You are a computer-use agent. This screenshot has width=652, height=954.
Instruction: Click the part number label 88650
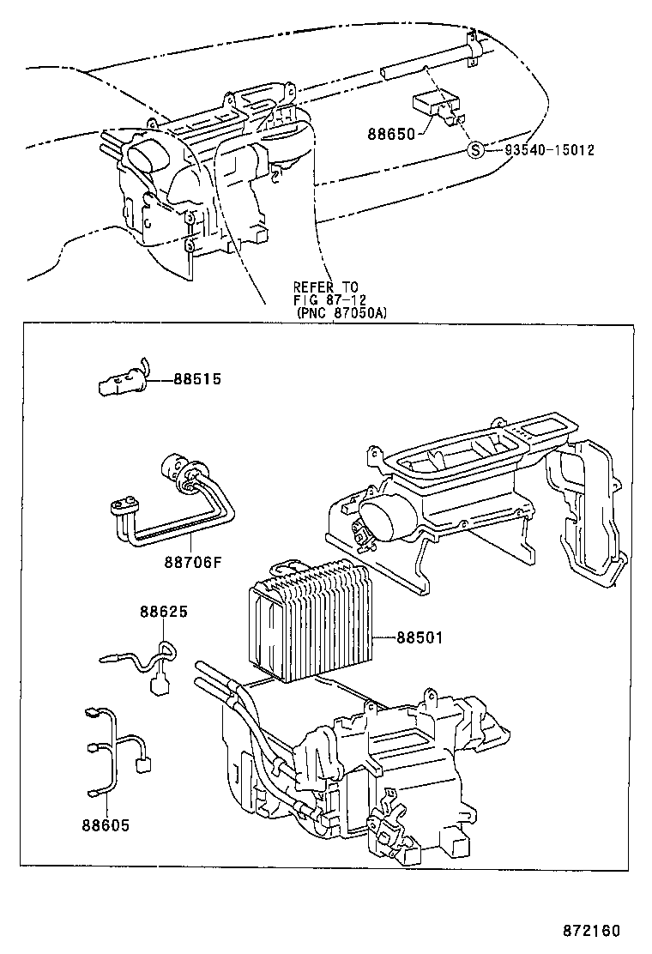[391, 134]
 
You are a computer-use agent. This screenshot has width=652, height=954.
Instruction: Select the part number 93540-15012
[549, 150]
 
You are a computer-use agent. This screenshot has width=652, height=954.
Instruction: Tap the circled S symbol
[475, 150]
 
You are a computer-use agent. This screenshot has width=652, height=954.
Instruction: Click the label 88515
[197, 378]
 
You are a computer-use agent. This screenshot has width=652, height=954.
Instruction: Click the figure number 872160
[591, 930]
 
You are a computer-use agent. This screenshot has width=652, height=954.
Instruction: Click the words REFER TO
[326, 287]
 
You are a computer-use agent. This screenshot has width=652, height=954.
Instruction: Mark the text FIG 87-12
[328, 299]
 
